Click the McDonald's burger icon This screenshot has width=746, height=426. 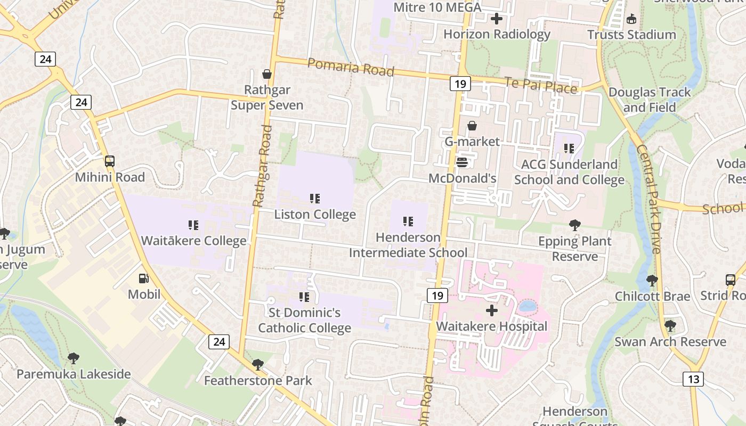pos(462,162)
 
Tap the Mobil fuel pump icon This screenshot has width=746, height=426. pos(143,278)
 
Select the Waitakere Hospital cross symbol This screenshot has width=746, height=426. pos(491,310)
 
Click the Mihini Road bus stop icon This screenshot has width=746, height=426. pos(110,161)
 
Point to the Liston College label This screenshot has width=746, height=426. pos(315,215)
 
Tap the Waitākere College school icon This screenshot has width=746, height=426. pos(193,225)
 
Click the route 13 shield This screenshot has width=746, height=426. pos(693,379)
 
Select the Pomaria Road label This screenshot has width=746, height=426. pos(351,68)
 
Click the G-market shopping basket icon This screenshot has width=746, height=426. pos(472,126)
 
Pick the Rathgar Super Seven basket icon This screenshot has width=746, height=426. pos(267,74)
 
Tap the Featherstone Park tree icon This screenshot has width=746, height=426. pos(258,365)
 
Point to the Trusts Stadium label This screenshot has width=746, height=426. pos(631,35)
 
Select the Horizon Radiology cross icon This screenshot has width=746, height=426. pos(497,19)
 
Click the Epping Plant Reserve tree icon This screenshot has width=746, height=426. pos(574,225)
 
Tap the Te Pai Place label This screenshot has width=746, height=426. pos(541,86)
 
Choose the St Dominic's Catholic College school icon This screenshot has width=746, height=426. pos(304,297)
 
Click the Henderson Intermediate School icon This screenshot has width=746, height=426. pos(408,222)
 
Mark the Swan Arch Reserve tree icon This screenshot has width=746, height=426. pos(670,325)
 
